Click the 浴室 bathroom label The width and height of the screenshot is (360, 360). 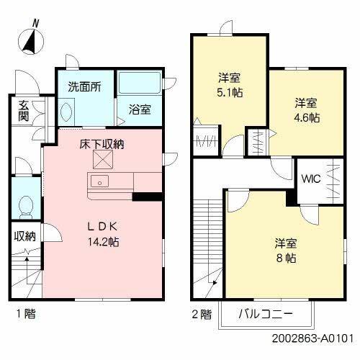pyautogui.click(x=140, y=110)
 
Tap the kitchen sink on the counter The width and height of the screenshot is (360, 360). pyautogui.click(x=100, y=181)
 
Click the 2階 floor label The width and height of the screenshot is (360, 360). pyautogui.click(x=202, y=314)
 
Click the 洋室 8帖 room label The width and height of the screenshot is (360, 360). pyautogui.click(x=285, y=250)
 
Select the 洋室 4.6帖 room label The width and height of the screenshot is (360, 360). pyautogui.click(x=306, y=110)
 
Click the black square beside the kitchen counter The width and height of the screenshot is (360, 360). pyautogui.click(x=145, y=194)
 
